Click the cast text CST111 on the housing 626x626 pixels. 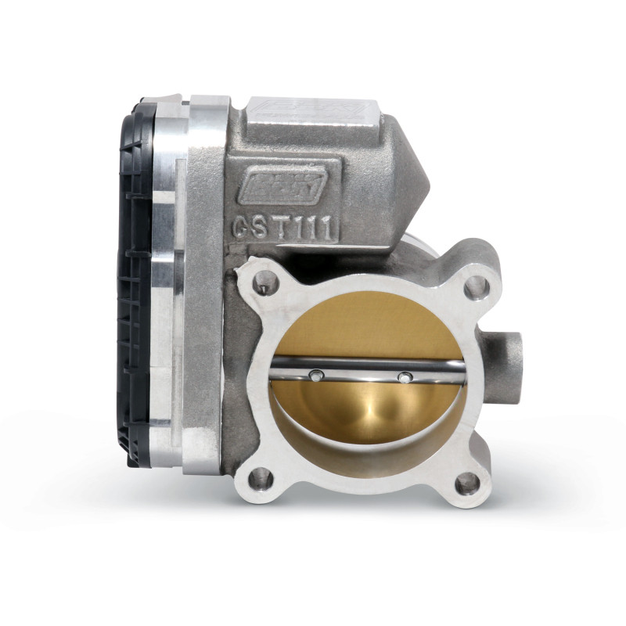point(284,228)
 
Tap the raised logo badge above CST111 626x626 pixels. point(282,185)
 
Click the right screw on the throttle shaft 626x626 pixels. point(404,378)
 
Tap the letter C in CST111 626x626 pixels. point(242,228)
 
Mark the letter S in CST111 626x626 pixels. point(261,228)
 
